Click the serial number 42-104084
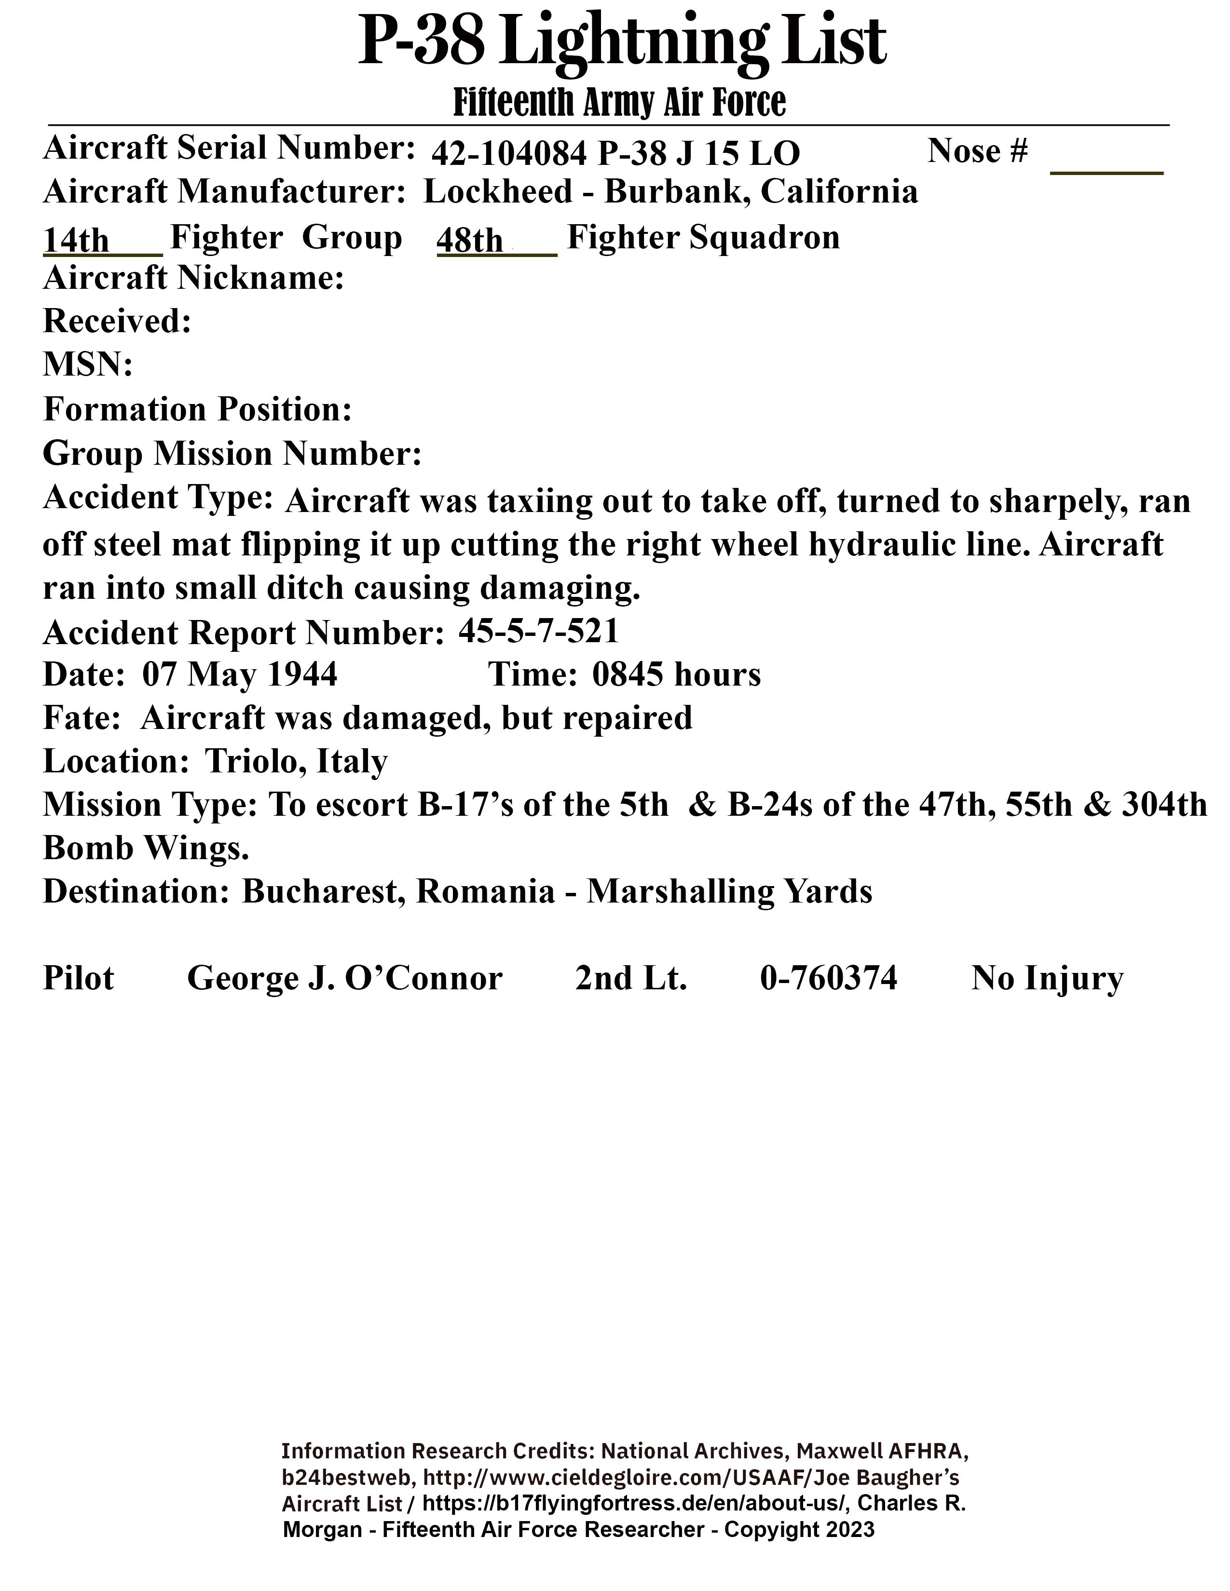(x=508, y=154)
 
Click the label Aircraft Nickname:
(x=193, y=278)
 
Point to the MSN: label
(x=87, y=364)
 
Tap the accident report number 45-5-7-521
(x=538, y=632)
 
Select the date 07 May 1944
(x=240, y=674)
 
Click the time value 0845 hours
(x=676, y=674)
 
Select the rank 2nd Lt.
(x=631, y=978)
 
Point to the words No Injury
(x=1047, y=978)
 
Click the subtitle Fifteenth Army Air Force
(x=619, y=103)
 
